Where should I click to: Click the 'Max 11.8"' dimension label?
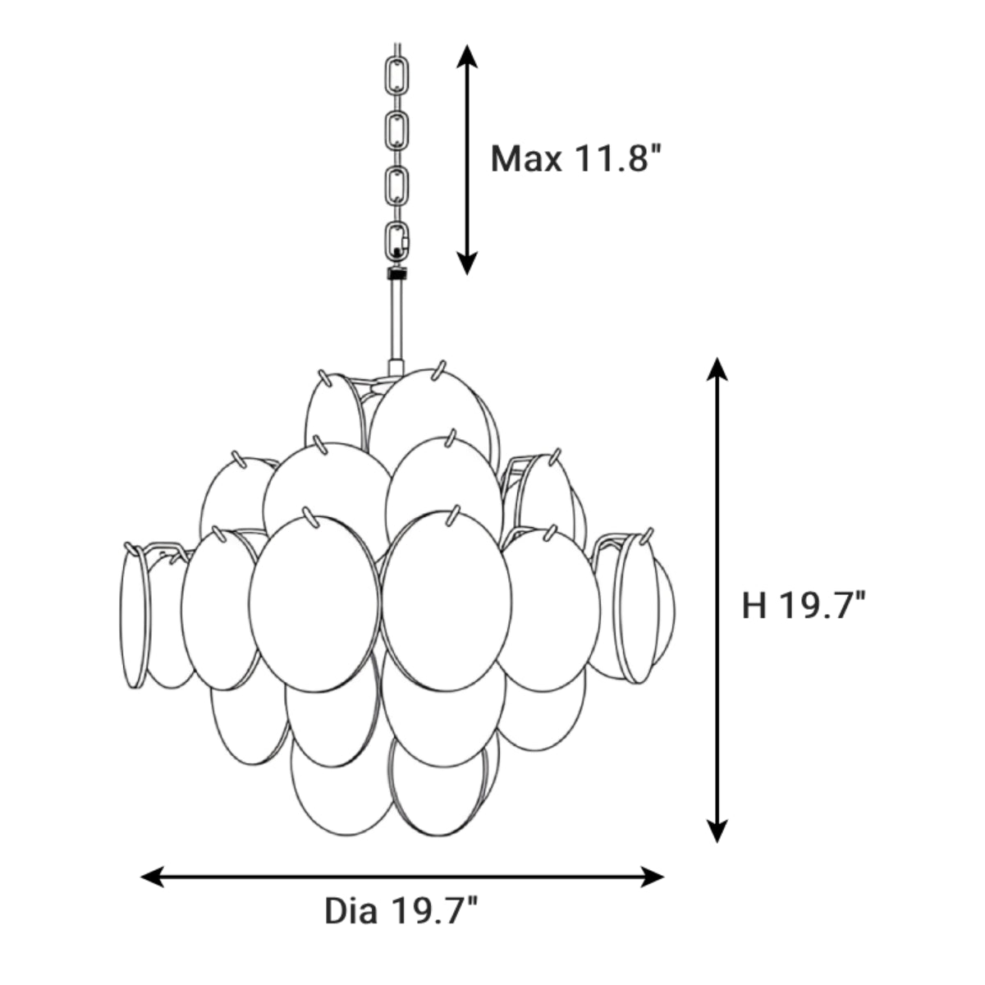575,158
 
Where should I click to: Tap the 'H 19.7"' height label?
804,607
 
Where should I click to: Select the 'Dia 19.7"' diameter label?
401,911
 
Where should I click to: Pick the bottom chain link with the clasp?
397,240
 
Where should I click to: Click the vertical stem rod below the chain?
396,320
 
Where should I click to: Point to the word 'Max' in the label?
526,158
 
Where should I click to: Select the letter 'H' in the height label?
754,607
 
